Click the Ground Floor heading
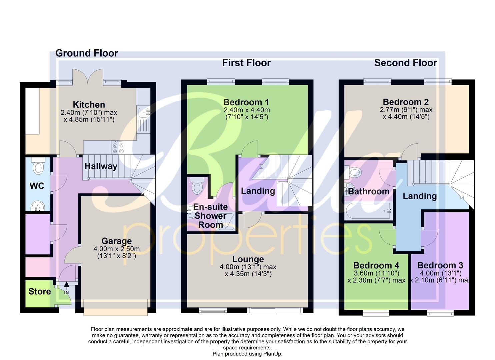tap(86, 53)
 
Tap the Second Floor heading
tap(405, 63)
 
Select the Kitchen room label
tap(89, 104)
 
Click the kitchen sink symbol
tap(144, 112)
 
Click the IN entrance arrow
tap(66, 285)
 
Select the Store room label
tap(40, 292)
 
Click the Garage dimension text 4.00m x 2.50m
tap(116, 249)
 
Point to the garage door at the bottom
tap(115, 307)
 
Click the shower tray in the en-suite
tap(226, 221)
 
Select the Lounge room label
tap(248, 259)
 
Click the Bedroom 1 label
tap(246, 102)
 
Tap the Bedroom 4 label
tap(376, 265)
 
